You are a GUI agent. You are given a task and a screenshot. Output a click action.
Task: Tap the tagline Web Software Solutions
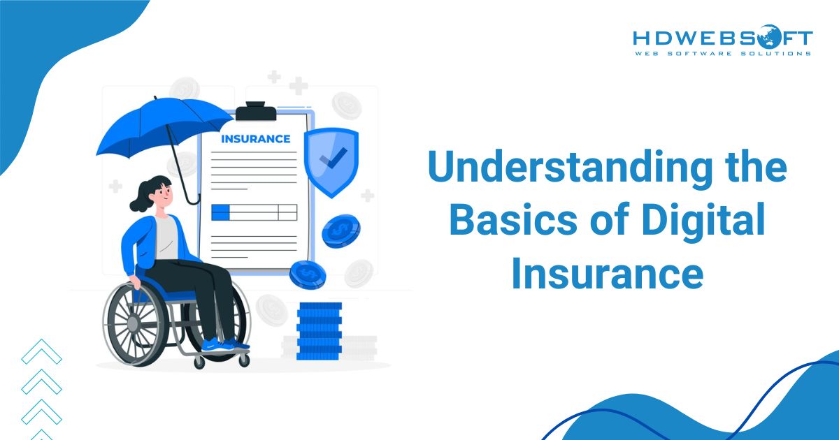pos(722,53)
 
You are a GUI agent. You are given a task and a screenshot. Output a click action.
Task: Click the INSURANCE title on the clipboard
pos(255,138)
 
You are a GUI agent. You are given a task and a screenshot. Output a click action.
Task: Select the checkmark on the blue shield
pos(331,162)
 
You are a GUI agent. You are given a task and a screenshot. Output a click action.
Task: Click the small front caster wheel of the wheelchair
pos(243,359)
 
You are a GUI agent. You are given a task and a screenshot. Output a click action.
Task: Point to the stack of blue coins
pos(319,331)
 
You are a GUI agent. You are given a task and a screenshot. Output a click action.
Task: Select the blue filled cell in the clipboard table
pos(220,212)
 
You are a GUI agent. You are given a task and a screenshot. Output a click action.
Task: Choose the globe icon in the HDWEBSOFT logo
pos(769,35)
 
